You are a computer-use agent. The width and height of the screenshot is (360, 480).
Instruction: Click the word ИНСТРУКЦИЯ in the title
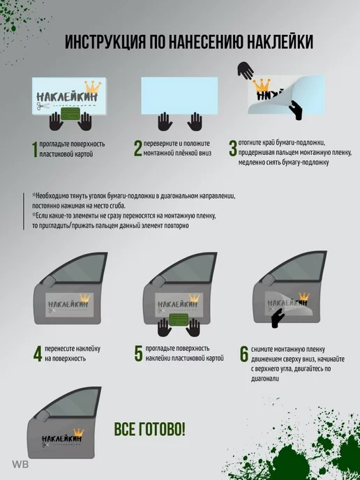click(105, 42)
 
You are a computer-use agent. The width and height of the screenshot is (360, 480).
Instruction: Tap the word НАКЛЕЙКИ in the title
click(280, 42)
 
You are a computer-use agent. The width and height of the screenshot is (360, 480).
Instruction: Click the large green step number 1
click(35, 149)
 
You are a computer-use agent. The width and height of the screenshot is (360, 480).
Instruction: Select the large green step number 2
click(138, 149)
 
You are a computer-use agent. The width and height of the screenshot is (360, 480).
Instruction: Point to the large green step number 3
click(233, 149)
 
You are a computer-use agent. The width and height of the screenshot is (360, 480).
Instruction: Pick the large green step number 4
click(38, 354)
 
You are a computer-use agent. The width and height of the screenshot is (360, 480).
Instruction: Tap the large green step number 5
click(139, 354)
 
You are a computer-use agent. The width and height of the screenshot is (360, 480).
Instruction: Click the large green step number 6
click(244, 354)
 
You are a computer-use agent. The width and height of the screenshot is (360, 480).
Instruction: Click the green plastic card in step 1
click(70, 114)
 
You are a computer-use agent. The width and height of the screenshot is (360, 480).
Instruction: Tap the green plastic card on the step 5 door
click(179, 320)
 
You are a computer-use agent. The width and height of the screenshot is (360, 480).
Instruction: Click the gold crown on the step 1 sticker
click(93, 87)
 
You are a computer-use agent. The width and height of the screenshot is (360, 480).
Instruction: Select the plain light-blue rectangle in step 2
click(179, 96)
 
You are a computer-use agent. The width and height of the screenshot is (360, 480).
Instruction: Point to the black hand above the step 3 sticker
click(246, 70)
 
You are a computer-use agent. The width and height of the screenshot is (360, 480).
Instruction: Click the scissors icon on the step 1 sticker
click(43, 106)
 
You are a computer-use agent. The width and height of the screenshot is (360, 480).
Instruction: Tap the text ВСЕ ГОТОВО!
click(150, 429)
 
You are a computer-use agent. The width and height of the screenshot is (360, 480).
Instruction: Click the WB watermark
click(20, 465)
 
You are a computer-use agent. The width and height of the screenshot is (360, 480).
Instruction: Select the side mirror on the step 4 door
click(48, 281)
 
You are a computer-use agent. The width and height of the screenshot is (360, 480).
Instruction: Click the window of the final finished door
click(70, 403)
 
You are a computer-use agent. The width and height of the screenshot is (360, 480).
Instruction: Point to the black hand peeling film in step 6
click(278, 317)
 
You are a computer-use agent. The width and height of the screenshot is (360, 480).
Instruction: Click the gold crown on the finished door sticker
click(78, 433)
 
